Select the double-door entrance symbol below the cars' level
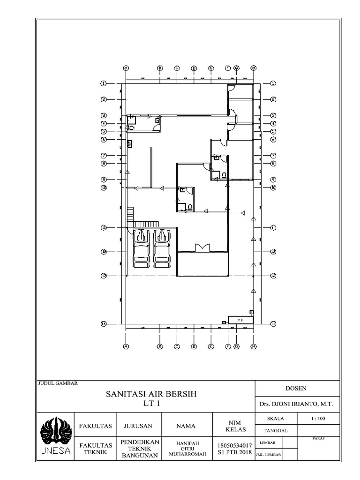[202, 247]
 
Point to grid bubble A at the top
[126, 68]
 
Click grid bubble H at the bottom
[253, 346]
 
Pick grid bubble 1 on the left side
[103, 83]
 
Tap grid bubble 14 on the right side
[273, 323]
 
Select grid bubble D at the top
[194, 68]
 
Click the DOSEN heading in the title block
[296, 388]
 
